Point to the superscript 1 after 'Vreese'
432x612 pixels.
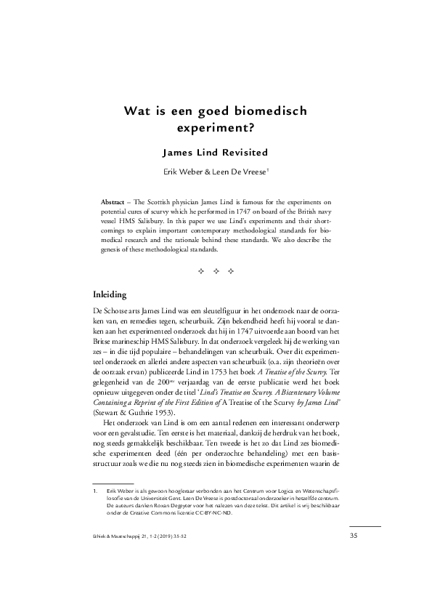pyautogui.click(x=269, y=169)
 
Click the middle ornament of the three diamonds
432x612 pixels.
pyautogui.click(x=216, y=272)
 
